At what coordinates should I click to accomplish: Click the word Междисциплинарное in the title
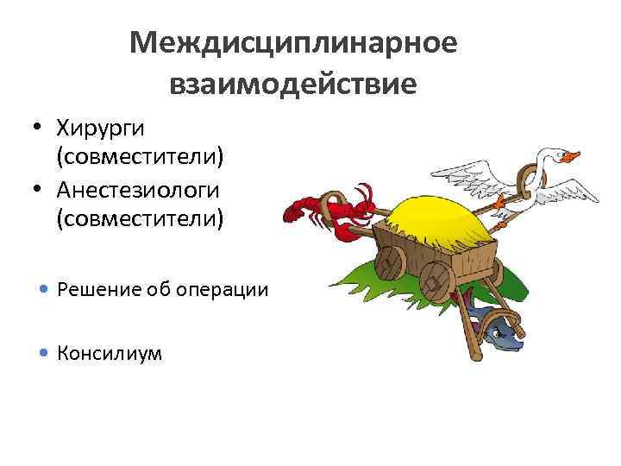pos(293,42)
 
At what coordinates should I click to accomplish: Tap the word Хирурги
pos(100,129)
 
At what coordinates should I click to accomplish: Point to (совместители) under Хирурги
pos(140,158)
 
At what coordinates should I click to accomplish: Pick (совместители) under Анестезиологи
pos(140,218)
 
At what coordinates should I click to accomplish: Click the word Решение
pos(95,289)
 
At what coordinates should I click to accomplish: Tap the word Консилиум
pos(109,352)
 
